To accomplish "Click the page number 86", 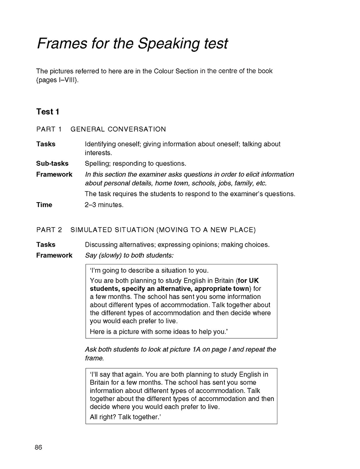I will [38, 447].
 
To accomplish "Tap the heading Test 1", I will [47, 112].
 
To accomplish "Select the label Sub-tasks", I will [52, 163].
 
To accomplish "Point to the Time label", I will [44, 205].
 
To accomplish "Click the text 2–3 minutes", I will [104, 205].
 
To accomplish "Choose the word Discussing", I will [103, 245].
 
